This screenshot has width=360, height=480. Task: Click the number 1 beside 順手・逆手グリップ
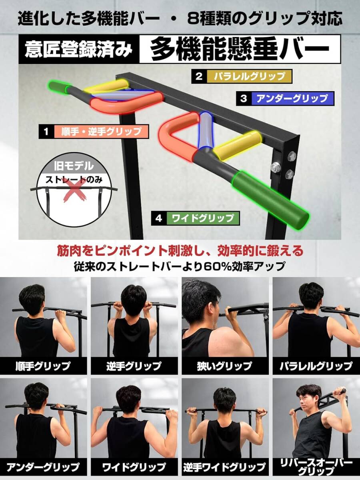[x=46, y=132]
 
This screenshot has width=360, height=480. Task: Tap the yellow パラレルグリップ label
[x=249, y=76]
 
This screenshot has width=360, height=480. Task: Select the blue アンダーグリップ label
[x=292, y=99]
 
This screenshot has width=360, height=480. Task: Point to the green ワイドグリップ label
[x=203, y=218]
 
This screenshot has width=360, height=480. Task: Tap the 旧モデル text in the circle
[x=71, y=166]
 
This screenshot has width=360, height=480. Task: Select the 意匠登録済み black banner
[x=79, y=50]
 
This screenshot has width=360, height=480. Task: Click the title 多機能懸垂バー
[x=240, y=50]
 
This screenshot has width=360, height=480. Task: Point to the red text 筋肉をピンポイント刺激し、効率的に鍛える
[x=180, y=251]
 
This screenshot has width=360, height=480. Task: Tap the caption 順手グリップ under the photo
[x=43, y=366]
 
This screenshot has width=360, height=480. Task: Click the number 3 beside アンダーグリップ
[x=244, y=99]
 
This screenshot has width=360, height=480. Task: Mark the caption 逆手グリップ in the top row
[x=134, y=366]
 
